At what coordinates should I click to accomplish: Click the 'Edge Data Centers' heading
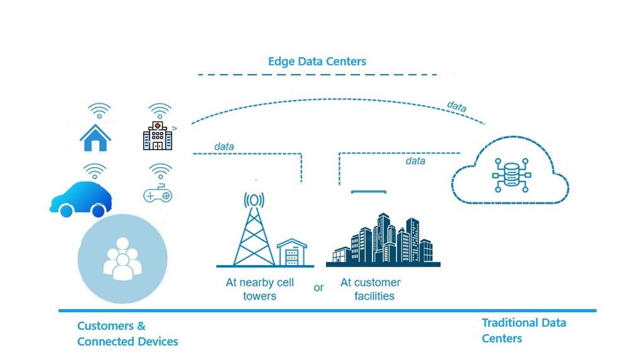(x=317, y=62)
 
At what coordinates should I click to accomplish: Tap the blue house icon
(x=95, y=137)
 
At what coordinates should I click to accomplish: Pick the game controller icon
(x=158, y=194)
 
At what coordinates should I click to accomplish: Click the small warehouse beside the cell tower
(x=293, y=253)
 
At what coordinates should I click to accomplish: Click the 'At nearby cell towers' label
(x=259, y=289)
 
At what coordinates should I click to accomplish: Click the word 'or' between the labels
(x=318, y=287)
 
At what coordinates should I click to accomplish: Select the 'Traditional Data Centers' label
(x=523, y=330)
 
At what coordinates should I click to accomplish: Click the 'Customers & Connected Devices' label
(x=128, y=334)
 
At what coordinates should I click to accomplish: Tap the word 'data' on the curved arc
(x=457, y=107)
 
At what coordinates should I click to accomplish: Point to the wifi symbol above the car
(x=95, y=170)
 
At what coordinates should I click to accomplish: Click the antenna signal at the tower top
(x=253, y=200)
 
